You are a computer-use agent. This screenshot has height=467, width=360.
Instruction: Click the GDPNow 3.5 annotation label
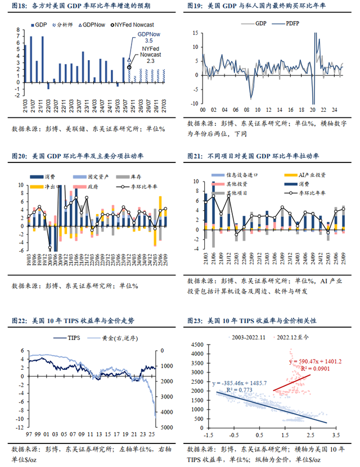(x=149, y=38)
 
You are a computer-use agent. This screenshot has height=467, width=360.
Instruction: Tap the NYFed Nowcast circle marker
(x=130, y=67)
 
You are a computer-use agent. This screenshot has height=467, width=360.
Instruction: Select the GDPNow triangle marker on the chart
(x=129, y=58)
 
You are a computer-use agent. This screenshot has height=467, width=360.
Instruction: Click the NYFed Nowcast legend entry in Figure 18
(x=135, y=25)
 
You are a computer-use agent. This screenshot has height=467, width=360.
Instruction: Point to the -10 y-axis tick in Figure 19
(x=195, y=103)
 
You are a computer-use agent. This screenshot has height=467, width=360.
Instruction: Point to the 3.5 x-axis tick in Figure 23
(x=337, y=435)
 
